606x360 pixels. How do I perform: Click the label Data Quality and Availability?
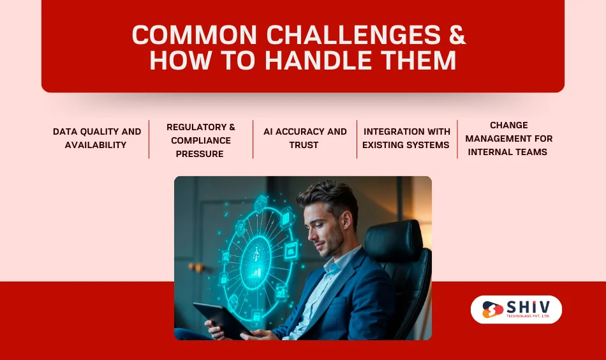click(96, 138)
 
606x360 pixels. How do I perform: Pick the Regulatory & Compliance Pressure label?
click(200, 140)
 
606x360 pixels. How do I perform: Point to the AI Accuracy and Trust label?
click(304, 138)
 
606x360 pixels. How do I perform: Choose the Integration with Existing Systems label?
click(406, 138)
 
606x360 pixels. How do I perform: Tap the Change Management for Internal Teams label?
click(508, 139)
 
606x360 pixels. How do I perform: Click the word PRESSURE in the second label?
click(200, 154)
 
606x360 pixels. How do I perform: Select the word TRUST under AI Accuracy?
click(304, 145)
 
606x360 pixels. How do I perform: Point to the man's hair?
click(328, 195)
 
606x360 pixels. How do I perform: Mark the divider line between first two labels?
click(149, 139)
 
